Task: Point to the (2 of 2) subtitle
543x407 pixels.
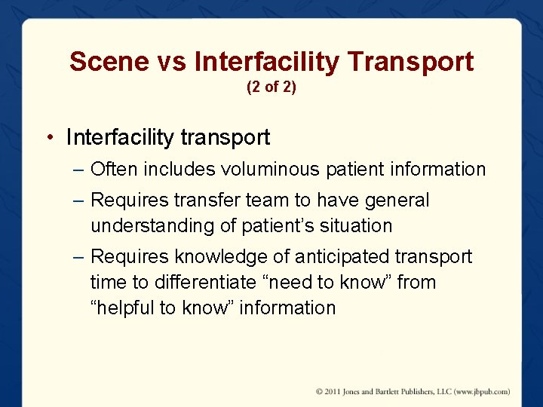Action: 271,87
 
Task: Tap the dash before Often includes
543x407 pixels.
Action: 79,170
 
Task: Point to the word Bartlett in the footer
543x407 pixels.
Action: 397,391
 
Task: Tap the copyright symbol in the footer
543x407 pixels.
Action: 320,391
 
